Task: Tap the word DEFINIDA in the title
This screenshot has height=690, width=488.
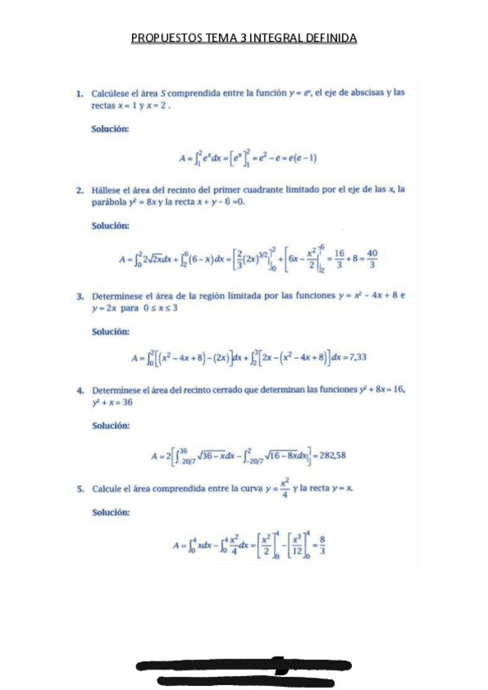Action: click(331, 38)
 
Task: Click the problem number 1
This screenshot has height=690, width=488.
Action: click(80, 93)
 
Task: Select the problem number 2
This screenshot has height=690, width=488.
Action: click(80, 190)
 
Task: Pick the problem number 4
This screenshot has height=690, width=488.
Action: click(80, 390)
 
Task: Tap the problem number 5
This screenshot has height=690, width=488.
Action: click(80, 489)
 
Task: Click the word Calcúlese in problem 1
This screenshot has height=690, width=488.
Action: click(112, 93)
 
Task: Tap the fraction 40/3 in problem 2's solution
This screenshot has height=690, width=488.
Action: click(372, 258)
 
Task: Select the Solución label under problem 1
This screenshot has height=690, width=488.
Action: click(110, 128)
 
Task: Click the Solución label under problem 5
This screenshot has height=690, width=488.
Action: click(110, 512)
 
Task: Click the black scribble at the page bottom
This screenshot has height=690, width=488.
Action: click(244, 671)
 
